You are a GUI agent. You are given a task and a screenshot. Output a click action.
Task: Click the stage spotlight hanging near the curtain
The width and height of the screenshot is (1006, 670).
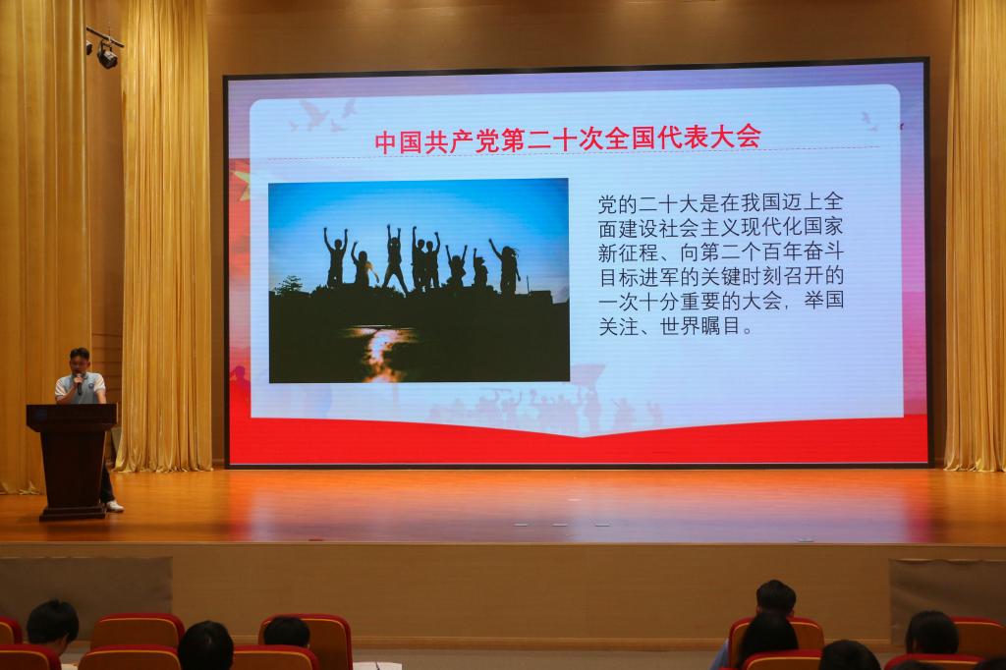click(x=107, y=56)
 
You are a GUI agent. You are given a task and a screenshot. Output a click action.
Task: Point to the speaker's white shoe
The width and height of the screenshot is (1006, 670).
click(x=114, y=506)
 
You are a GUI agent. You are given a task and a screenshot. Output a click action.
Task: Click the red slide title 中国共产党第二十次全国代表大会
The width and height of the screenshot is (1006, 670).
click(x=567, y=139)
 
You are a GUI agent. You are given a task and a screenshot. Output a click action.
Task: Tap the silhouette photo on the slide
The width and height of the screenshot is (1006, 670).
click(x=419, y=280)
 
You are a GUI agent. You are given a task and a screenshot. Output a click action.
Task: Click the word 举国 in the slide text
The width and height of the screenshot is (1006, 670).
click(x=823, y=301)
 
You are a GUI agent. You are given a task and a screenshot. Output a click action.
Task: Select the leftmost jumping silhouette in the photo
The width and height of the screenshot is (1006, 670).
click(x=335, y=256)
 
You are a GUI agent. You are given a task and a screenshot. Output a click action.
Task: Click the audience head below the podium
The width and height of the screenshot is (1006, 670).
click(x=52, y=625)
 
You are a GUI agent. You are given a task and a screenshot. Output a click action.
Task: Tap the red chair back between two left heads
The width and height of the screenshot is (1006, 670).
click(x=137, y=632)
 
